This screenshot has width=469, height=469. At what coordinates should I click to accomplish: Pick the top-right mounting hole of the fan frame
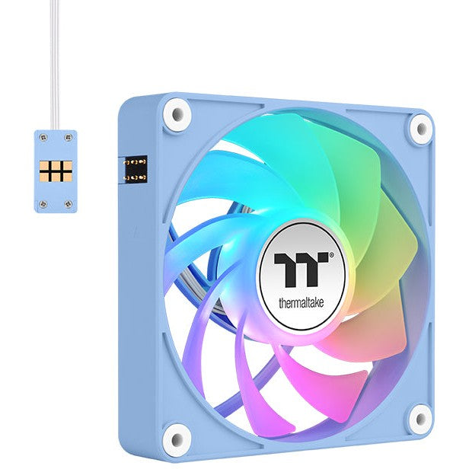420,128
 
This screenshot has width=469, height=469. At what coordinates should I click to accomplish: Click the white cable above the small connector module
54,61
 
